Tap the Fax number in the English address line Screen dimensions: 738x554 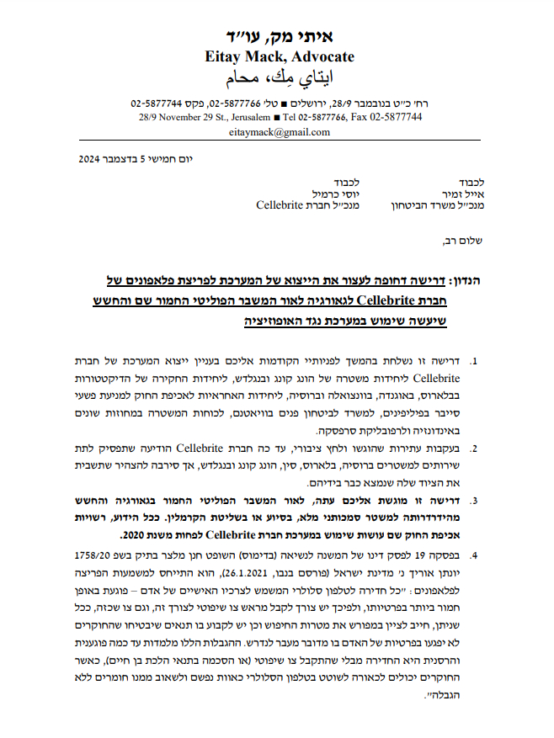point(391,118)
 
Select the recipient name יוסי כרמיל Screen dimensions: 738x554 point(331,194)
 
